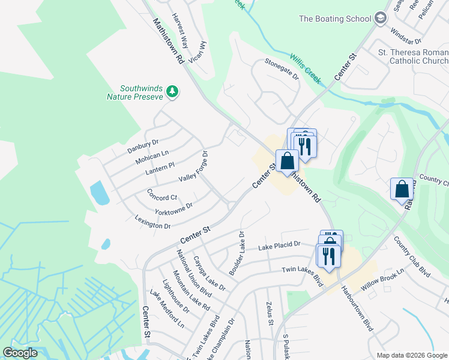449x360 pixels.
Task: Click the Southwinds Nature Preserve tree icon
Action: (x=173, y=91)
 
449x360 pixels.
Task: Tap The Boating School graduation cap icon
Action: (x=379, y=19)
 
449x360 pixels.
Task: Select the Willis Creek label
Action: (x=306, y=68)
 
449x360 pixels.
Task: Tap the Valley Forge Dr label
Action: (x=193, y=168)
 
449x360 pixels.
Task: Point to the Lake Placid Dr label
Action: (x=279, y=246)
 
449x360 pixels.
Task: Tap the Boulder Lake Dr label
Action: (x=236, y=253)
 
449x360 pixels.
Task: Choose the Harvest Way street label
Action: (x=179, y=30)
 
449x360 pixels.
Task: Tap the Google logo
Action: (x=20, y=353)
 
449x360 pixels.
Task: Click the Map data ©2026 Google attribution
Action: (x=412, y=355)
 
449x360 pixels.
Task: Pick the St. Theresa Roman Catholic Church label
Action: (x=413, y=56)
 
